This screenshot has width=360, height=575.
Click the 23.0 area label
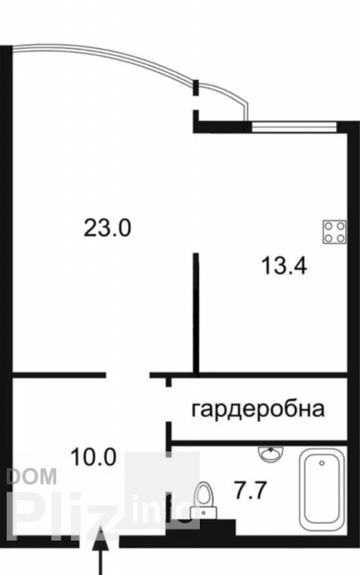coord(107,228)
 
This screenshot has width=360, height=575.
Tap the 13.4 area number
coord(284,266)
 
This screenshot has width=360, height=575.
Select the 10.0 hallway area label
coord(94,457)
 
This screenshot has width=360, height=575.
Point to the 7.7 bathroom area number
coord(250,490)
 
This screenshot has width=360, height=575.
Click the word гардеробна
coord(258,409)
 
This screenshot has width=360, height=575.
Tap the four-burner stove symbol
coord(335,232)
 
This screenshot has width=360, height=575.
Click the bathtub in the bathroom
coord(322,490)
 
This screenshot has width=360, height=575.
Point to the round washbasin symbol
coord(270,454)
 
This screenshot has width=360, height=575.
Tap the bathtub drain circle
coord(322,463)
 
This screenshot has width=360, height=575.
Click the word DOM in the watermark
coord(31,476)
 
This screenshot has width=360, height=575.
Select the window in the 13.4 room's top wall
coord(294,127)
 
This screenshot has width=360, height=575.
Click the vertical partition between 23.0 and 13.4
coord(197,314)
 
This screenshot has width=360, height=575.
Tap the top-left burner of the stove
coord(329,226)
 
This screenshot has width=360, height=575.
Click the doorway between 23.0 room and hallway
coord(128,375)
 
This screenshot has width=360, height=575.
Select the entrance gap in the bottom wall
coord(100,541)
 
